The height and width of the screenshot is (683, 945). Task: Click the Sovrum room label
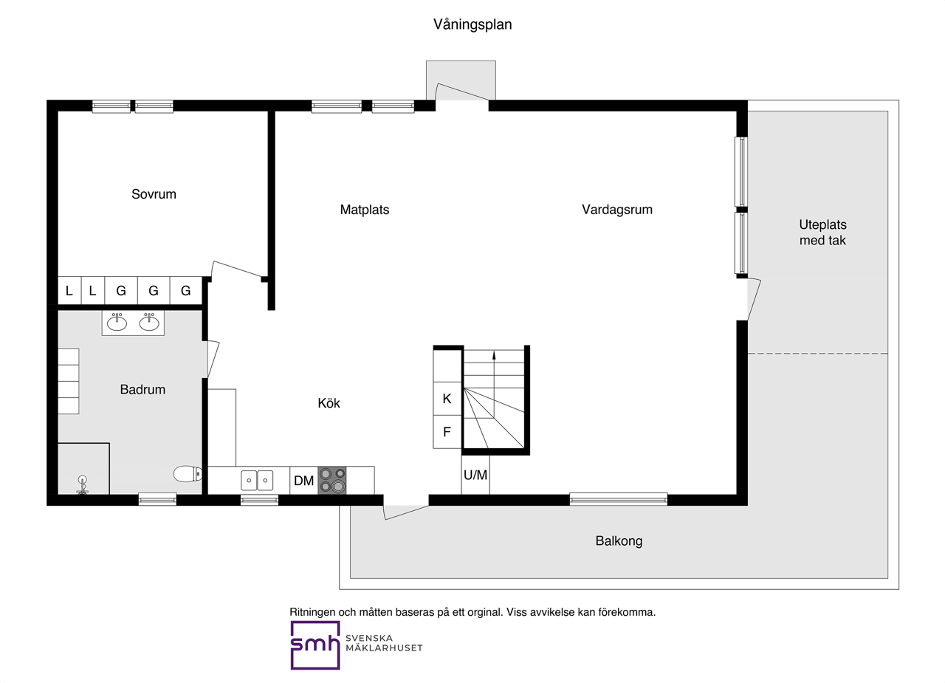point(154,194)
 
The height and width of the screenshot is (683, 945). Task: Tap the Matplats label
point(365,210)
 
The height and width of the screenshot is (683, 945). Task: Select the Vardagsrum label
point(616,210)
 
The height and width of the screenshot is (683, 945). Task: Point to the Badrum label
point(142,389)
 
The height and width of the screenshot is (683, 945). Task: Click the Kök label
point(329,403)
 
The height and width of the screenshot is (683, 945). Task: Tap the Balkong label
point(619,541)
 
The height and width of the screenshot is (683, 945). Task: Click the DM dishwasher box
point(303,481)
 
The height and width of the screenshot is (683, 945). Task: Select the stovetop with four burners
point(332,481)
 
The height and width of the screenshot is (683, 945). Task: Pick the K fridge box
point(447,399)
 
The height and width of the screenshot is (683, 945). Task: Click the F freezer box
point(447,431)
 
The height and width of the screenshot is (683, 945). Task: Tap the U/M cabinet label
point(475,475)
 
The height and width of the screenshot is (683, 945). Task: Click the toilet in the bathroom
point(188,474)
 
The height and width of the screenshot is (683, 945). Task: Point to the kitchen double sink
point(257,481)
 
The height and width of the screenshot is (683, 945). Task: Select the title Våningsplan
point(472,24)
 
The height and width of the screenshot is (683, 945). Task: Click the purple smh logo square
point(315,645)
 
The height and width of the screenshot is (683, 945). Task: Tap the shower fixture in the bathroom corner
point(83,484)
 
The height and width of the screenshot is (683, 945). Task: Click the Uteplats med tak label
point(822,233)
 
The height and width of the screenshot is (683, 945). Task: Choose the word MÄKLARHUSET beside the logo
point(384,648)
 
